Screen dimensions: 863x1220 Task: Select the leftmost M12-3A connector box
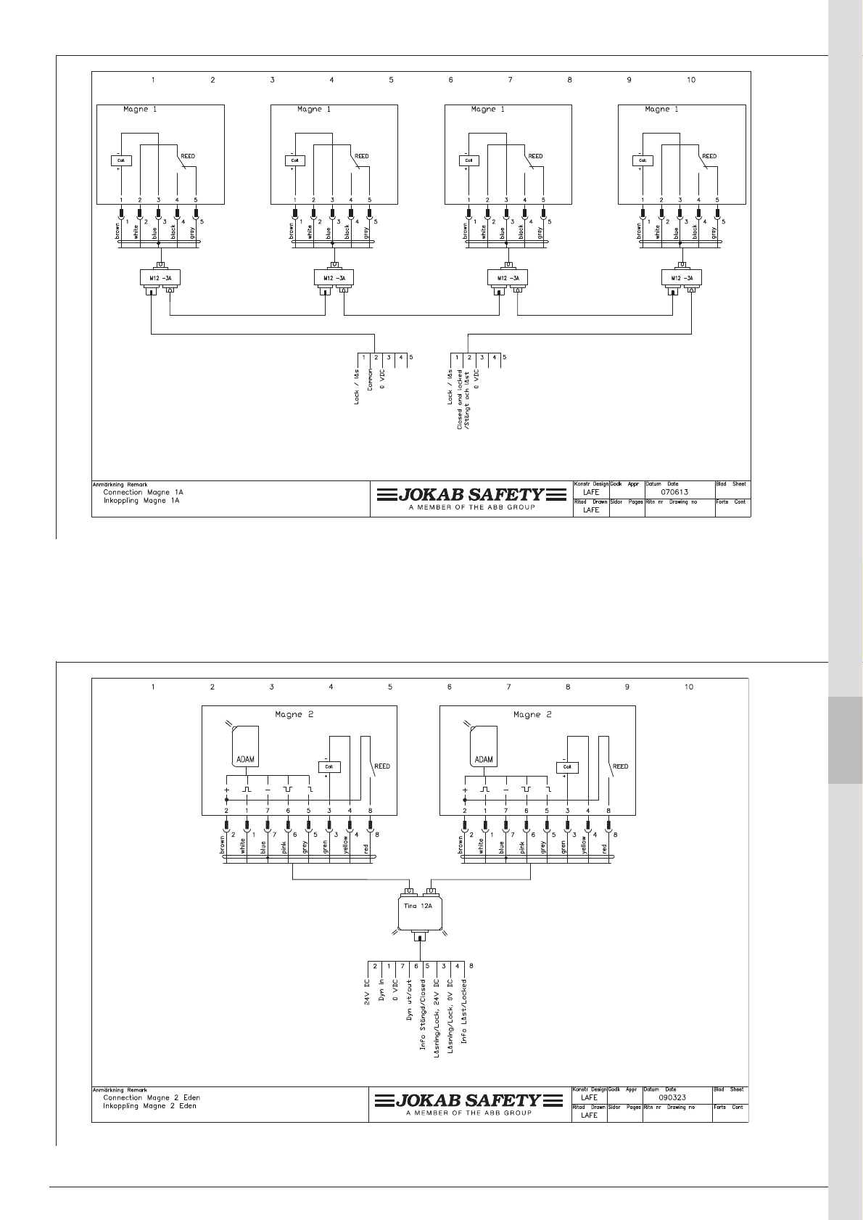click(160, 277)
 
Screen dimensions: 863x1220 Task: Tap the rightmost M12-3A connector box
click(682, 277)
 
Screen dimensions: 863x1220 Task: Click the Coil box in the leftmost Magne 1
click(120, 160)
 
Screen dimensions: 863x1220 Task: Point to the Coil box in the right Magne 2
click(568, 766)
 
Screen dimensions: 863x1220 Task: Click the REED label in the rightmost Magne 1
click(709, 156)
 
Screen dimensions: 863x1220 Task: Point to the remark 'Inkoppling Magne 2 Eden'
click(149, 1106)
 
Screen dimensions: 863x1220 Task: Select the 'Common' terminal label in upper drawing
click(371, 380)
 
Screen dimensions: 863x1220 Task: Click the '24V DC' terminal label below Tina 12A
click(368, 993)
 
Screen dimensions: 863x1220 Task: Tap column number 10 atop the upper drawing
click(690, 80)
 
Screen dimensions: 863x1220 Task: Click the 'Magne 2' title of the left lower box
click(294, 715)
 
